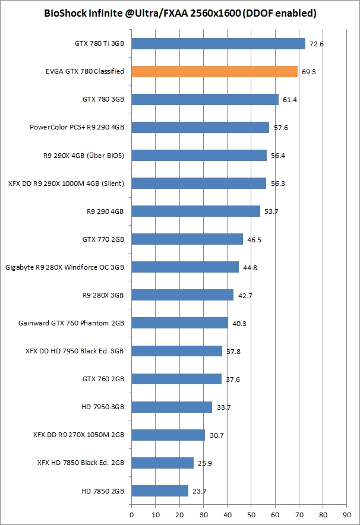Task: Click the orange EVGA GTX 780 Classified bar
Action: click(x=214, y=71)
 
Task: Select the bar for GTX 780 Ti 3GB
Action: click(x=218, y=43)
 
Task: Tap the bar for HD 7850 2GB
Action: click(x=160, y=491)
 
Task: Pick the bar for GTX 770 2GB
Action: click(x=187, y=239)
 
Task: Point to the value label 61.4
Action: click(x=290, y=100)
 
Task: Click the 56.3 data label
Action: click(x=277, y=184)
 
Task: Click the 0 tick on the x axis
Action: click(x=131, y=510)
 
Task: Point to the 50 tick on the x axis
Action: click(x=251, y=510)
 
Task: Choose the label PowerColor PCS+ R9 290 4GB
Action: click(x=77, y=127)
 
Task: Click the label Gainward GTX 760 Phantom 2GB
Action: click(x=71, y=323)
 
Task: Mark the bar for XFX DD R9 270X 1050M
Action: click(x=168, y=435)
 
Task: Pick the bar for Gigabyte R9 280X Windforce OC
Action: click(x=185, y=267)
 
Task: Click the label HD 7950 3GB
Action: click(x=103, y=407)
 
